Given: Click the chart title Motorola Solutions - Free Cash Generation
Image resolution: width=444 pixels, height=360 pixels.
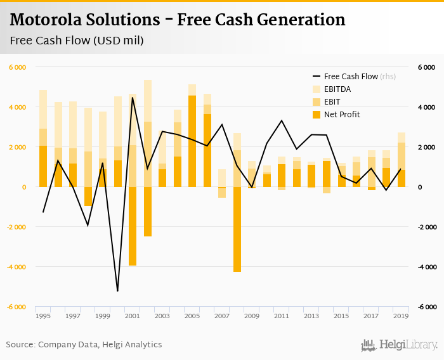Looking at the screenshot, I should point(178,20).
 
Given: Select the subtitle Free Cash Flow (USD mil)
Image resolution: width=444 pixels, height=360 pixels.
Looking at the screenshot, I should point(77,41).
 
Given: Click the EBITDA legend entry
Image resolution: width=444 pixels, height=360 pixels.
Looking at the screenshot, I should point(337,89).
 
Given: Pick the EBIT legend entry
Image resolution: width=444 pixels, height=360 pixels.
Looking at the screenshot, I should point(333,102).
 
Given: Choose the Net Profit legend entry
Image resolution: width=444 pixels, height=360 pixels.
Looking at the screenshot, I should point(342,115).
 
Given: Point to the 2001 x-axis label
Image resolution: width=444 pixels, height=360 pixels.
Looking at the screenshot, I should point(133,316).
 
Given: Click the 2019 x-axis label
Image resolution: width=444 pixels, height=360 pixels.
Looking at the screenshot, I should point(401,316).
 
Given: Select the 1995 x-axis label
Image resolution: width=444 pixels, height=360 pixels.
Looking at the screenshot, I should point(43,316).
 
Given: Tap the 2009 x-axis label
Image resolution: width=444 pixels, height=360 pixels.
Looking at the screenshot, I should point(252,316).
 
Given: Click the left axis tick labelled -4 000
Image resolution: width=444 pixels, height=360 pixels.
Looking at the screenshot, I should point(17,267).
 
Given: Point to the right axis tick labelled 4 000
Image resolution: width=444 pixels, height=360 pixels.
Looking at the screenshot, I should point(426,107).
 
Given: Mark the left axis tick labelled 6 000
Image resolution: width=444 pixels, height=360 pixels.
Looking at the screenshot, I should point(18,67).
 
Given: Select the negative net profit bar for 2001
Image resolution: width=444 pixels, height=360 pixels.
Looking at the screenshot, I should point(133,226).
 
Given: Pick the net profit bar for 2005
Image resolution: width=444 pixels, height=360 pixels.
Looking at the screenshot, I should point(192,141).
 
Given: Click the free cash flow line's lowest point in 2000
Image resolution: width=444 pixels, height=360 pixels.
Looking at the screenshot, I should point(117,291).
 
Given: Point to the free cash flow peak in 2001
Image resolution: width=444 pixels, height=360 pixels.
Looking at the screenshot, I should point(133,98).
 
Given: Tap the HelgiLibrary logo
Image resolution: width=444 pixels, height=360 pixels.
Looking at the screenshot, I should point(400,345).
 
